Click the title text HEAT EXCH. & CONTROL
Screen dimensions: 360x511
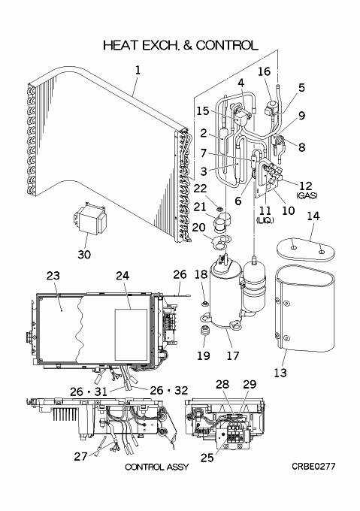pyautogui.click(x=180, y=45)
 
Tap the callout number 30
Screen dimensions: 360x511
pyautogui.click(x=84, y=255)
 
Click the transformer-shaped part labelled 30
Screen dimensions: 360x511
pyautogui.click(x=90, y=218)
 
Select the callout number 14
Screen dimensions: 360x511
pyautogui.click(x=313, y=216)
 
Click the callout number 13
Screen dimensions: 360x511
pyautogui.click(x=280, y=373)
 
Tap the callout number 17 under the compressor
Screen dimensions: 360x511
pyautogui.click(x=233, y=355)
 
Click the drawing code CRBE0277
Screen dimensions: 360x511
pyautogui.click(x=313, y=467)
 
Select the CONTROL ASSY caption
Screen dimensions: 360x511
pyautogui.click(x=157, y=467)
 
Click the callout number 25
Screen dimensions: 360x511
pyautogui.click(x=207, y=458)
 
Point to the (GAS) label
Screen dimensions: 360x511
pyautogui.click(x=307, y=195)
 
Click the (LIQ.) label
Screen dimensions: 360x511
pyautogui.click(x=265, y=220)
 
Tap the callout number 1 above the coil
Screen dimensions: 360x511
pyautogui.click(x=138, y=70)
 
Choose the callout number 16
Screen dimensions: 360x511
pyautogui.click(x=265, y=71)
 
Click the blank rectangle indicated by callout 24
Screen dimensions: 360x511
pyautogui.click(x=131, y=334)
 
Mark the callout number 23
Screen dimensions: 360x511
pyautogui.click(x=53, y=276)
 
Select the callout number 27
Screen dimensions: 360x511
pyautogui.click(x=80, y=456)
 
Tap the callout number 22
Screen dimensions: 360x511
pyautogui.click(x=201, y=188)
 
